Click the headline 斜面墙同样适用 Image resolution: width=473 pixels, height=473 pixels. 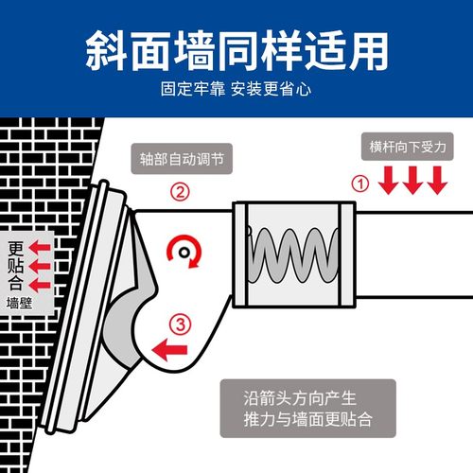coord(236,47)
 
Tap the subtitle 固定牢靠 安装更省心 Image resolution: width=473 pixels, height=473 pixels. coord(236,93)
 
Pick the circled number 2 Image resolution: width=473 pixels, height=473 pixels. coord(180,192)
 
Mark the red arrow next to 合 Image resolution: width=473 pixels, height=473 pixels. coord(38,284)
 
